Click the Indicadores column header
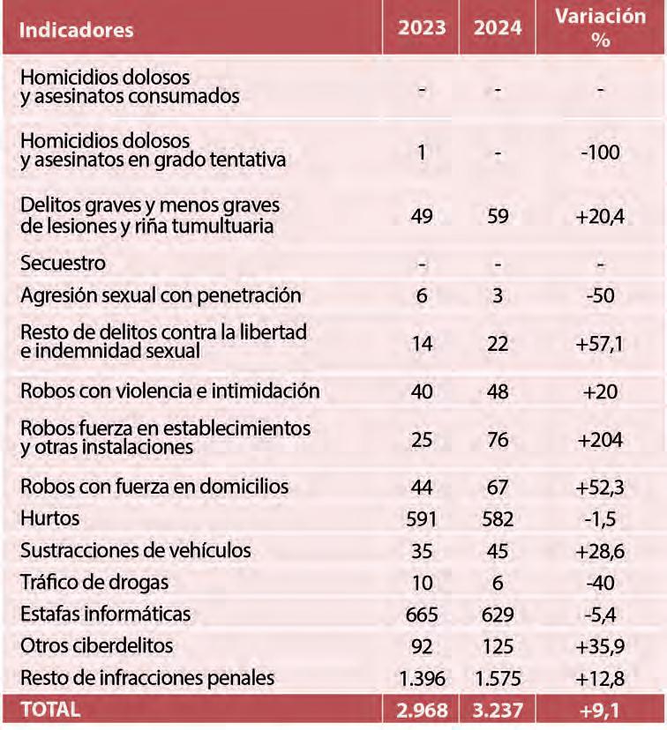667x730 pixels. point(77,29)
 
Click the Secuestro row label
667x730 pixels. point(63,264)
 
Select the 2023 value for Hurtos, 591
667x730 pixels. point(422,519)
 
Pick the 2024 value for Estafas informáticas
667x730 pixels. point(498,613)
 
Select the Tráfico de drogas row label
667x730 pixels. point(94,582)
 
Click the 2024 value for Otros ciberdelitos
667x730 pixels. point(498,645)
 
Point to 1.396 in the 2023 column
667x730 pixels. point(422,677)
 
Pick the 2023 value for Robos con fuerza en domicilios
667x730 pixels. point(422,487)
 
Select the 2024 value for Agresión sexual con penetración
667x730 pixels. point(498,296)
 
